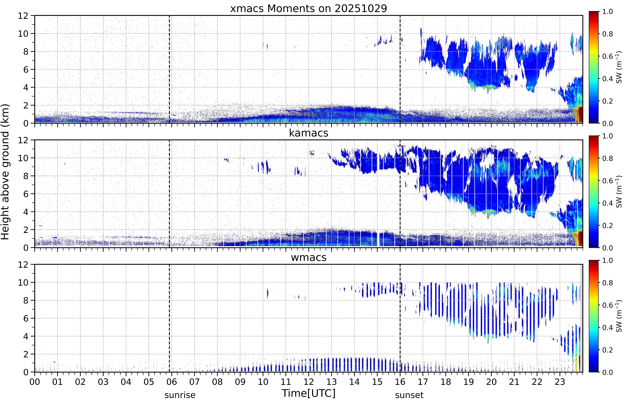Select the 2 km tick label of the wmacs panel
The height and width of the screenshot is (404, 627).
pyautogui.click(x=26, y=354)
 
